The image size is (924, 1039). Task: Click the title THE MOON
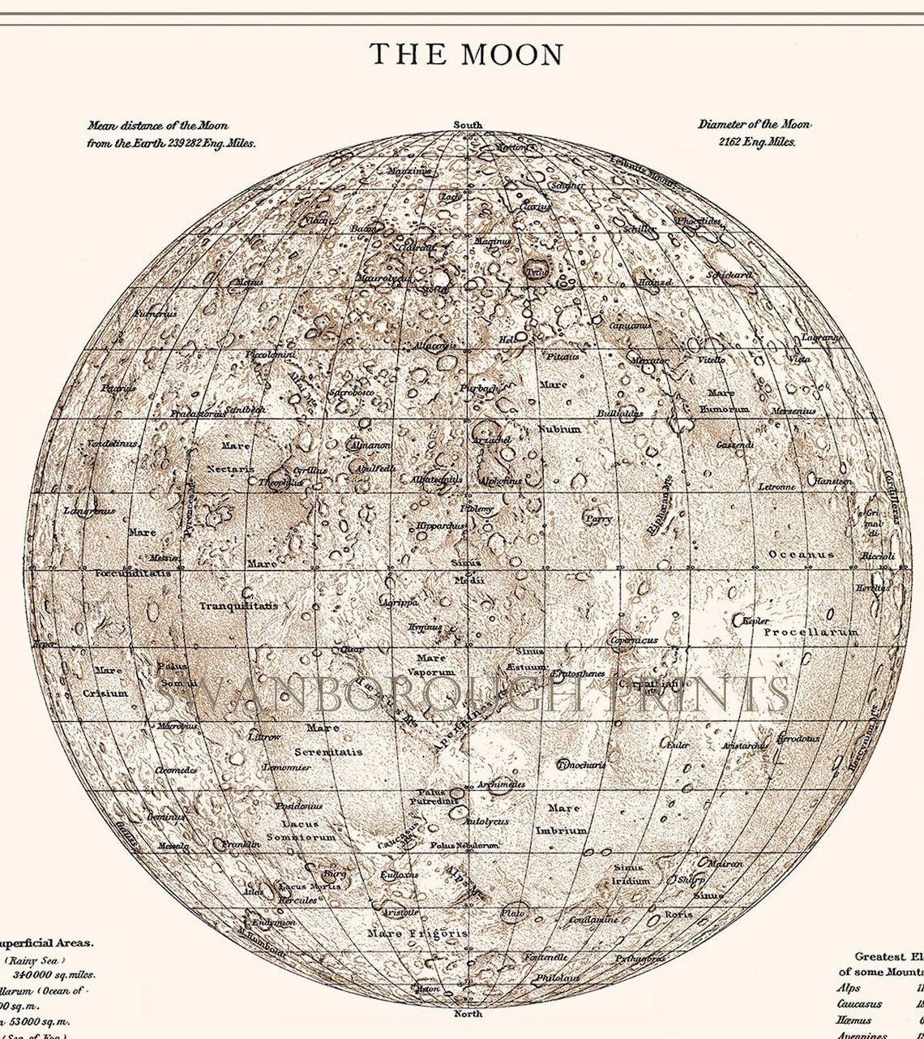pos(466,55)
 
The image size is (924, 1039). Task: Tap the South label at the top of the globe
pos(467,125)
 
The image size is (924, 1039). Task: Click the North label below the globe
pos(468,1014)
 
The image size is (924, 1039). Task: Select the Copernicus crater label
pos(635,640)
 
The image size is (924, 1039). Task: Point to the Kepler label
pos(755,620)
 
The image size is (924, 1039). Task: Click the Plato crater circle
pos(514,912)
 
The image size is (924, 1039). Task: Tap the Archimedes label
pos(501,784)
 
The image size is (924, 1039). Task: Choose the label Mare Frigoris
pos(417,934)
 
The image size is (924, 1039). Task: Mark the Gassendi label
pos(734,444)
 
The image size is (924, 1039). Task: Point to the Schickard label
pos(729,275)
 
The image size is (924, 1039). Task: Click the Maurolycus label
pos(383,278)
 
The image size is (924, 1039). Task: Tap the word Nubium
pos(559,428)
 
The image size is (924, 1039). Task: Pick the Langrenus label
pos(88,511)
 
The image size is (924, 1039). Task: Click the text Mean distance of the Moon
pos(157,126)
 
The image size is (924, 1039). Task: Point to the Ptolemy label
pos(477,509)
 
